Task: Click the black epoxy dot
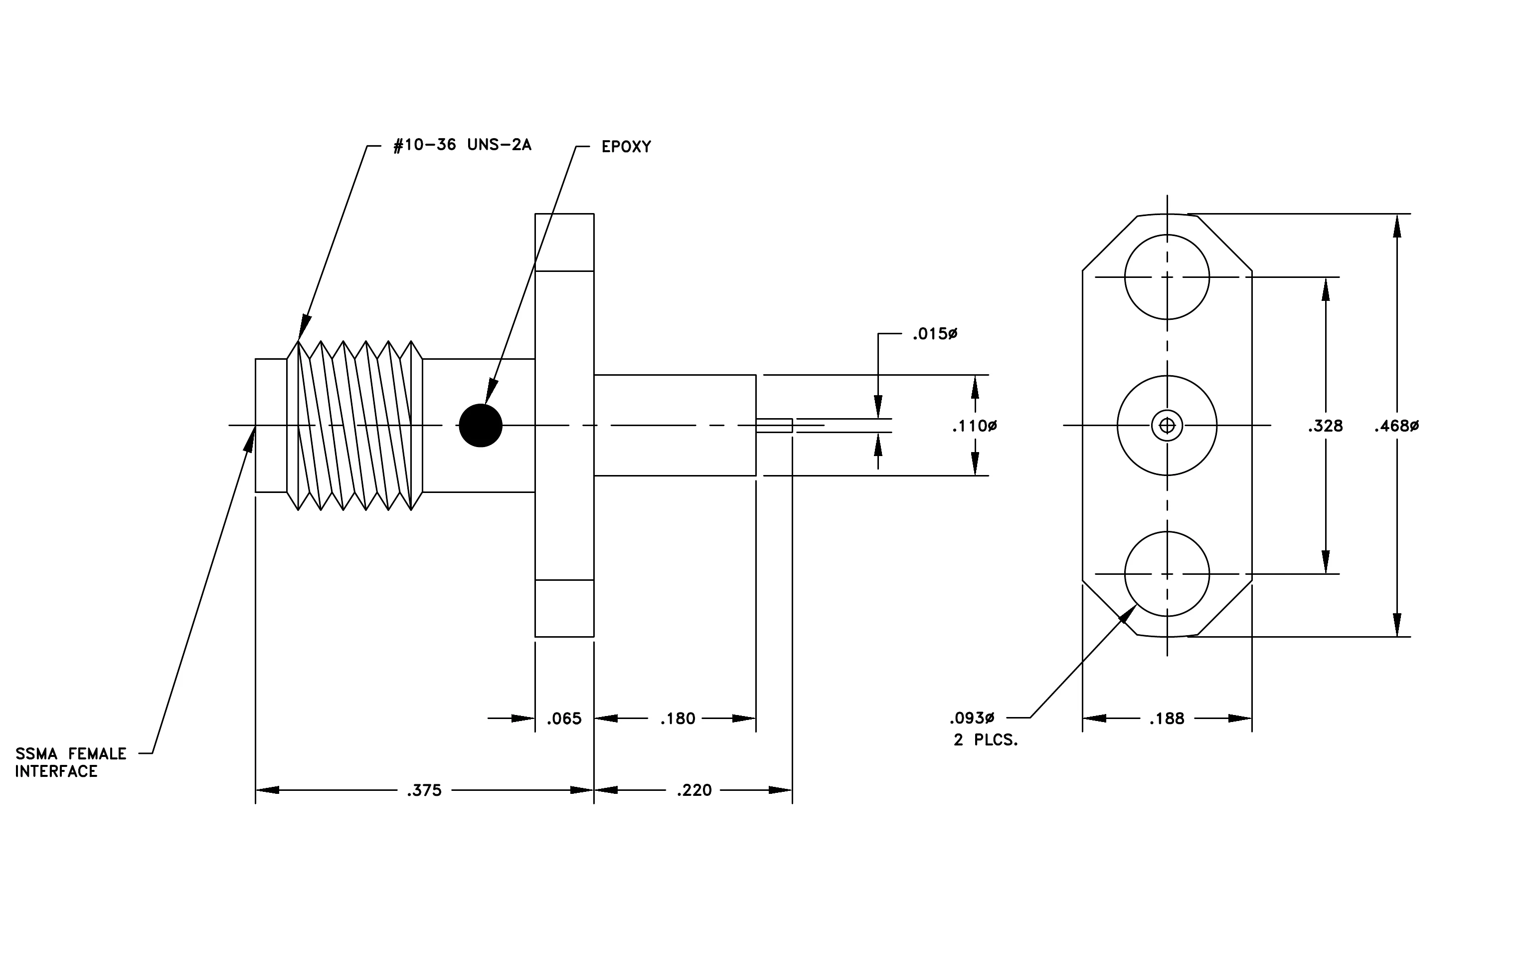(x=481, y=425)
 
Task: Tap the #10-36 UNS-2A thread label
(x=463, y=145)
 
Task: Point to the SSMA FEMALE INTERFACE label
(x=70, y=762)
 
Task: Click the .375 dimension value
(x=424, y=790)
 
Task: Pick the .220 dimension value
(x=694, y=790)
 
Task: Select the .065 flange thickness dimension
(x=564, y=719)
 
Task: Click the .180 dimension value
(x=678, y=719)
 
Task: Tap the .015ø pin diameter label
(x=935, y=334)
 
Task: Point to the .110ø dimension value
(x=974, y=426)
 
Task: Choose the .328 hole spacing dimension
(x=1326, y=426)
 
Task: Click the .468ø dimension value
(x=1396, y=426)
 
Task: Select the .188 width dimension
(x=1167, y=719)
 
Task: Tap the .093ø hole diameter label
(x=972, y=719)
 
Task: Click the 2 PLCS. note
(x=986, y=740)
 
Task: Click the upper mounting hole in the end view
(x=1167, y=235)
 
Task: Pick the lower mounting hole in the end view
(x=1167, y=531)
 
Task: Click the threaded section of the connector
(x=354, y=425)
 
